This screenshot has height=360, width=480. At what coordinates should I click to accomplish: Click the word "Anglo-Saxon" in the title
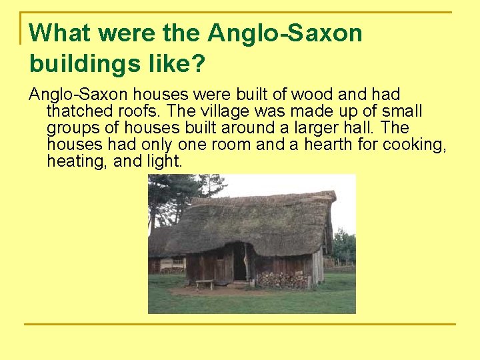coord(285,33)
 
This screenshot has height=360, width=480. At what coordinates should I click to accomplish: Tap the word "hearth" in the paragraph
coord(327,144)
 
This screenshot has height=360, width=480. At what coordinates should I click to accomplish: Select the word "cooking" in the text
coord(413,144)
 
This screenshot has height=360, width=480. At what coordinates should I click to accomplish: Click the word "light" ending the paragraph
coord(163,161)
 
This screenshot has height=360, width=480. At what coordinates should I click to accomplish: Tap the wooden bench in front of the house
coord(205,283)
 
